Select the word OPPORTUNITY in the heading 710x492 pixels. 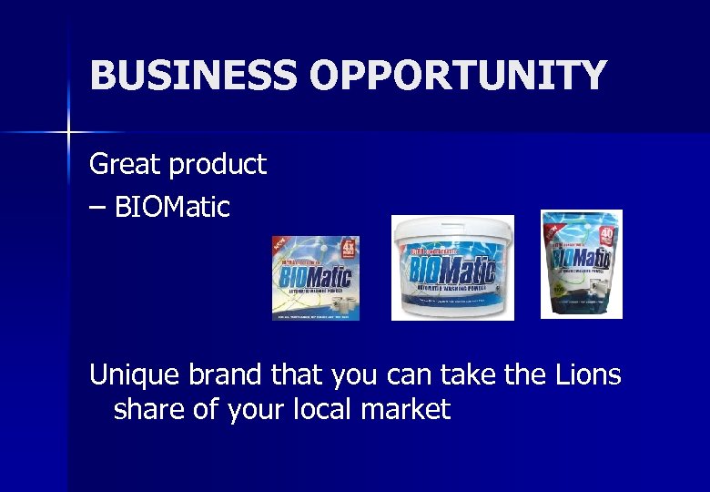[x=458, y=75]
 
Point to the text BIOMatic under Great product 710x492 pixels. [x=172, y=208]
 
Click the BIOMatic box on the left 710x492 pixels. [x=315, y=278]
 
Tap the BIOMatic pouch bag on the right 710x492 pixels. [x=581, y=263]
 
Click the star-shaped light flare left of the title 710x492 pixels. [x=67, y=133]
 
